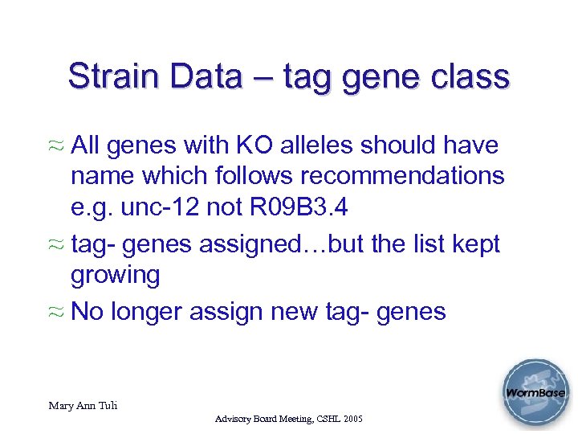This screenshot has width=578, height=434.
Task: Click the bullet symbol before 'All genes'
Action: tap(57, 147)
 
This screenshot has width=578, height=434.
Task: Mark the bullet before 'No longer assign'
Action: tap(57, 312)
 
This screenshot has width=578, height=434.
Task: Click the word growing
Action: tap(116, 275)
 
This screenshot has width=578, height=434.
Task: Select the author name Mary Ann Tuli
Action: tap(83, 406)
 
